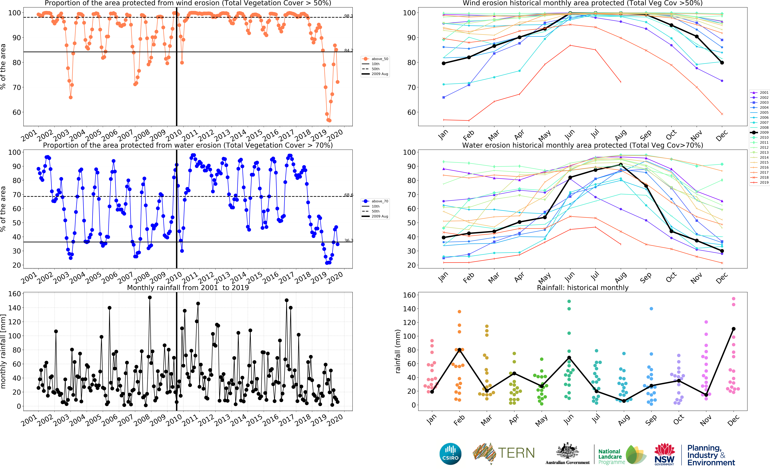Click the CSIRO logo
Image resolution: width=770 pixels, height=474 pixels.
[450, 454]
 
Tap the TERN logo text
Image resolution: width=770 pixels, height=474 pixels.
[516, 453]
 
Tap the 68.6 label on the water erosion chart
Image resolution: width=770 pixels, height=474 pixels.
[348, 195]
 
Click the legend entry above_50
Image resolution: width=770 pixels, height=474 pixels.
[380, 59]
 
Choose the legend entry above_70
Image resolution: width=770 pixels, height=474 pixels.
[380, 201]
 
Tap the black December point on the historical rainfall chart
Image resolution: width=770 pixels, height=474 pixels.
[733, 329]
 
